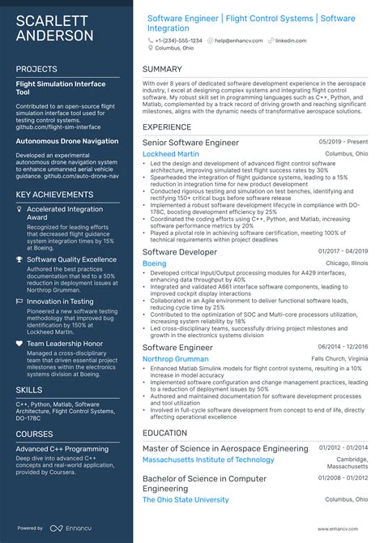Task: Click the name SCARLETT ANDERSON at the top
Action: pos(54,28)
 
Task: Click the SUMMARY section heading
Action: pos(162,70)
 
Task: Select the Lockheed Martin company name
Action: pos(170,153)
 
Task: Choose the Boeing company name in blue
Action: pos(154,263)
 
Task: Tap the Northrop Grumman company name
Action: pos(174,359)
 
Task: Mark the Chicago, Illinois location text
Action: pos(346,263)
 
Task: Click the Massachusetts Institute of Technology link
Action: pos(208,460)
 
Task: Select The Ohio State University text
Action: pos(186,500)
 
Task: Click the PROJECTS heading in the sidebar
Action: pos(36,70)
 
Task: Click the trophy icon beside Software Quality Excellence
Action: pos(19,259)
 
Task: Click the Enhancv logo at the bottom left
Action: pos(69,528)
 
